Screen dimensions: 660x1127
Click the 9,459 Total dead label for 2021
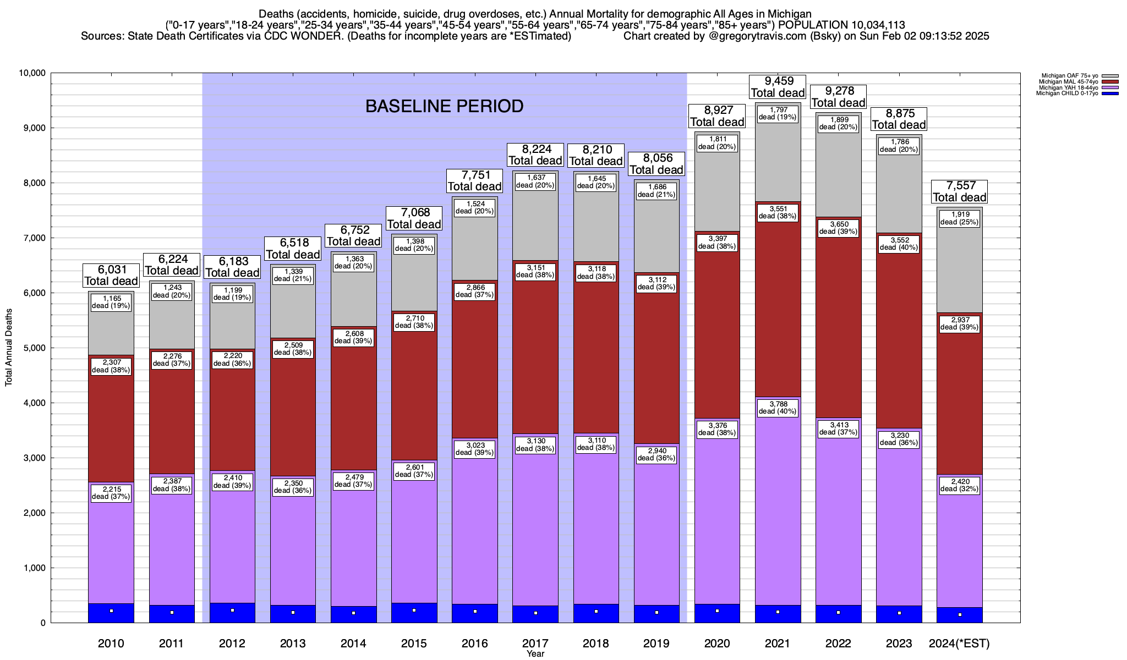(778, 87)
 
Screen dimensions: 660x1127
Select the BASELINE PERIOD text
(444, 106)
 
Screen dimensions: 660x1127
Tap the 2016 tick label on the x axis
(474, 643)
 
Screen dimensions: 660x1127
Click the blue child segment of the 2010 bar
(111, 613)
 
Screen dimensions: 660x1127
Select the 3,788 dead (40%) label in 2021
(778, 408)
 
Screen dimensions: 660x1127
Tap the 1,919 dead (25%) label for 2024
(959, 218)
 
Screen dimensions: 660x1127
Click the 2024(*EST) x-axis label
(959, 643)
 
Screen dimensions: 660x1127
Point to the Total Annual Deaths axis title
(9, 348)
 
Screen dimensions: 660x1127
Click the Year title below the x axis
(535, 654)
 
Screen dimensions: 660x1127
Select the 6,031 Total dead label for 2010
(111, 276)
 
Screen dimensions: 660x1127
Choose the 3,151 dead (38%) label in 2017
(535, 272)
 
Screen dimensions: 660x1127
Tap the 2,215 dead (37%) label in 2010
(111, 493)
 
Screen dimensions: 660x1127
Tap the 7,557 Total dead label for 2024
(959, 191)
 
